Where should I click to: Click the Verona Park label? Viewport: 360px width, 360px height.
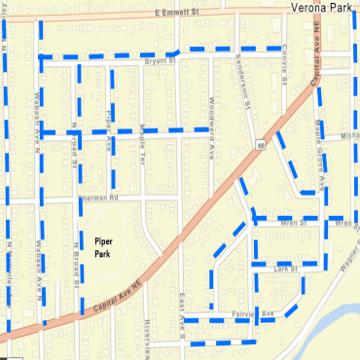click(324, 7)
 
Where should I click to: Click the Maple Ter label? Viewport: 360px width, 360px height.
click(142, 140)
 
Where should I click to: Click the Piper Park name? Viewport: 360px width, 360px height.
click(102, 245)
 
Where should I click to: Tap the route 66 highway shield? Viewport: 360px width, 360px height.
click(262, 145)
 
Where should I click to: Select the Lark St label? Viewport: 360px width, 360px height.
click(285, 269)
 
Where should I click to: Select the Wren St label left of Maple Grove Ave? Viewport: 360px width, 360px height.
click(292, 223)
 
